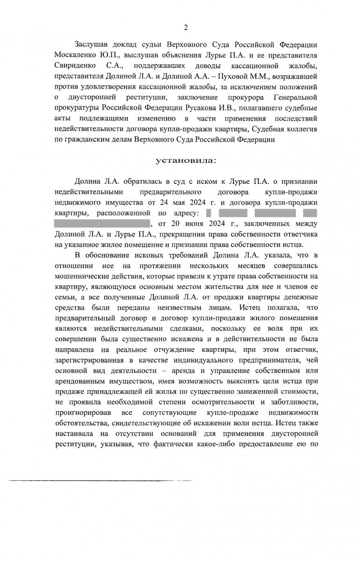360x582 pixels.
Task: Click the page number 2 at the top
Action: click(186, 28)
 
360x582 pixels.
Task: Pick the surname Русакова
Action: click(188, 108)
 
